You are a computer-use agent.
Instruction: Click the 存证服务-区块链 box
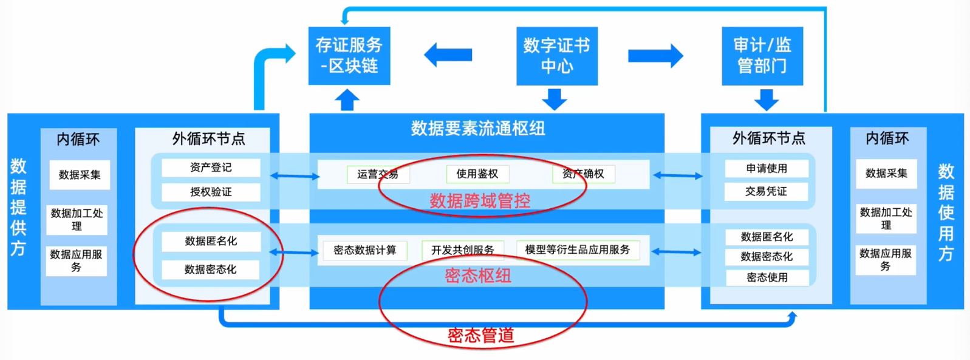click(349, 55)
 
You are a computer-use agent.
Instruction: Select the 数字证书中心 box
click(556, 55)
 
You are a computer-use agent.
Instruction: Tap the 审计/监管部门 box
click(762, 55)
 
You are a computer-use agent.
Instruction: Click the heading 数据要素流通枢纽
click(478, 129)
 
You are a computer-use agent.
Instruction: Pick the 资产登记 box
click(211, 168)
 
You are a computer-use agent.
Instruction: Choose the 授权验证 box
click(211, 192)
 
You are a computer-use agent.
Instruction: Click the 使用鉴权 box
click(477, 174)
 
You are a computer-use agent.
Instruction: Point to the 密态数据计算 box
click(365, 250)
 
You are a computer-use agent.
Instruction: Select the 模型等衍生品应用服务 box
click(578, 250)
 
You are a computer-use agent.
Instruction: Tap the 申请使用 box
click(767, 168)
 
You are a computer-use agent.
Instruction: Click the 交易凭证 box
click(767, 192)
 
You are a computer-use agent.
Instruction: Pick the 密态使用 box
click(767, 277)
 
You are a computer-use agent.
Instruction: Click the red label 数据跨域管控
click(480, 201)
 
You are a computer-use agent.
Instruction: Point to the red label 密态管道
click(480, 335)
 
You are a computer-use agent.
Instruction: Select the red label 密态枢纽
click(478, 276)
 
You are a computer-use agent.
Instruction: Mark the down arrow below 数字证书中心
click(555, 99)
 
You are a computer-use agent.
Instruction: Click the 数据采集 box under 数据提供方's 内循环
click(80, 175)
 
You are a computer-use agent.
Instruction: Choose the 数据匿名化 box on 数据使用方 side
click(767, 237)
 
